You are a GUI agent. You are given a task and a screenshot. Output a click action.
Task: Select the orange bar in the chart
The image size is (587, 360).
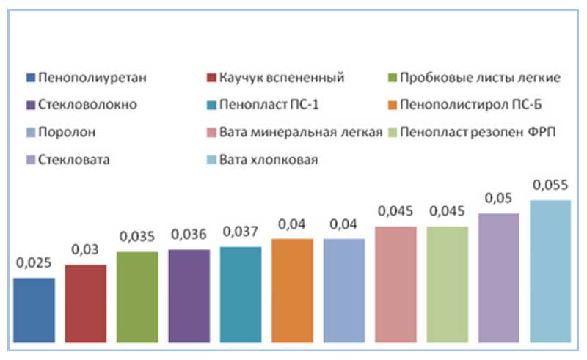pos(292,290)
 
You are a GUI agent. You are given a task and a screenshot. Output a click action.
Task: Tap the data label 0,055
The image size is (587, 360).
pos(550,184)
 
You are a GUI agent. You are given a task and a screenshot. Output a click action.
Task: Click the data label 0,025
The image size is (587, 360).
pos(34,262)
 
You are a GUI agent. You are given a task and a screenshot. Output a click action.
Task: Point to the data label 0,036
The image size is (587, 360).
pos(189,234)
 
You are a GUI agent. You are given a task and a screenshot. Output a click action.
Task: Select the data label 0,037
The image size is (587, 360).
pos(241,231)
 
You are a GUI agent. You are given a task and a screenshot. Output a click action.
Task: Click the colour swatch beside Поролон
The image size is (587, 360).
pos(30,132)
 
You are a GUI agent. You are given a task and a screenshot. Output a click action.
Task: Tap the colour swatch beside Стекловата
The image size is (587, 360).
pos(30,159)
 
